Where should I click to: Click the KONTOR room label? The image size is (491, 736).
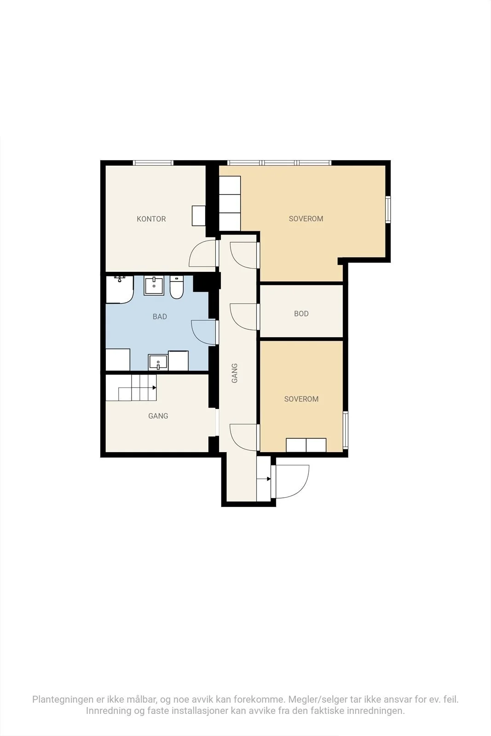pyautogui.click(x=151, y=219)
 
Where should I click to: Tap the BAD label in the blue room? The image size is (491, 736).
pyautogui.click(x=160, y=317)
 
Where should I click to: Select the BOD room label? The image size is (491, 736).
pyautogui.click(x=301, y=314)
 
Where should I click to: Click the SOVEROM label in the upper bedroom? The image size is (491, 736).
pyautogui.click(x=306, y=219)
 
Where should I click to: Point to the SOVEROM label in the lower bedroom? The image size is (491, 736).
pyautogui.click(x=301, y=399)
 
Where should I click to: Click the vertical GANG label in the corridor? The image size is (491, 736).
pyautogui.click(x=235, y=373)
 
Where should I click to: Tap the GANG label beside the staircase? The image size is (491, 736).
pyautogui.click(x=158, y=416)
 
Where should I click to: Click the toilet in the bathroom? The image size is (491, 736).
pyautogui.click(x=177, y=287)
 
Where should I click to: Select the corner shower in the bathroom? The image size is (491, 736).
pyautogui.click(x=119, y=289)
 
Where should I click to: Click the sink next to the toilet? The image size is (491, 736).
pyautogui.click(x=154, y=286)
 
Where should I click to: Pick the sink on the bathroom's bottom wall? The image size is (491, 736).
pyautogui.click(x=158, y=362)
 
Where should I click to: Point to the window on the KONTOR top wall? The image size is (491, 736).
pyautogui.click(x=153, y=163)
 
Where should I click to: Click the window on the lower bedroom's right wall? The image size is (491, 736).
pyautogui.click(x=346, y=430)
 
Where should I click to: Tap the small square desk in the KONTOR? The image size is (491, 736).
pyautogui.click(x=199, y=216)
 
